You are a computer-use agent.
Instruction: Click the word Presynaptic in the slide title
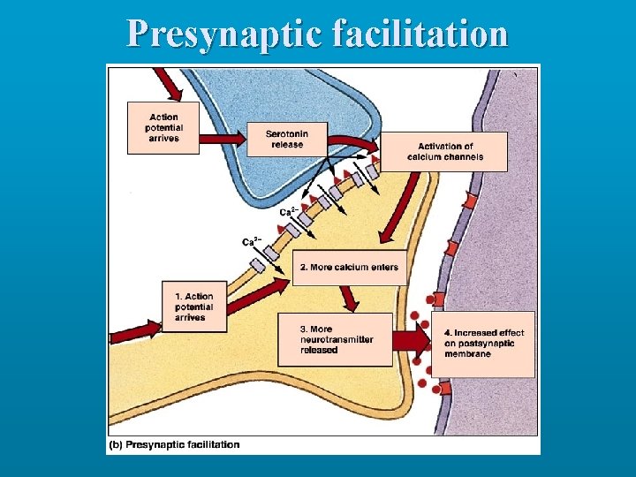(227, 34)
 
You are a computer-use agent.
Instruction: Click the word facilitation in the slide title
(422, 34)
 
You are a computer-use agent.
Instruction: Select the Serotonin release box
(286, 139)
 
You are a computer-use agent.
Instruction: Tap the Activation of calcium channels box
(444, 151)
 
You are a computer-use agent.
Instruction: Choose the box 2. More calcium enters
(350, 267)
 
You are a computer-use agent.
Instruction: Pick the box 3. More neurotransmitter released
(335, 339)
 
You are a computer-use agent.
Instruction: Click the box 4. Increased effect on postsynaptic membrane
(483, 344)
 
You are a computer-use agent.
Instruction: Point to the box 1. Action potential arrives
(194, 307)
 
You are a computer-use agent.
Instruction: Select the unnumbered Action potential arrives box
(163, 128)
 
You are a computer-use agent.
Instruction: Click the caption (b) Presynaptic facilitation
(174, 444)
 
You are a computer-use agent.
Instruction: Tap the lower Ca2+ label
(252, 241)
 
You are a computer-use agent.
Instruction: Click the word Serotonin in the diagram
(286, 133)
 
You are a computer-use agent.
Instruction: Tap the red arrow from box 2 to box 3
(349, 299)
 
